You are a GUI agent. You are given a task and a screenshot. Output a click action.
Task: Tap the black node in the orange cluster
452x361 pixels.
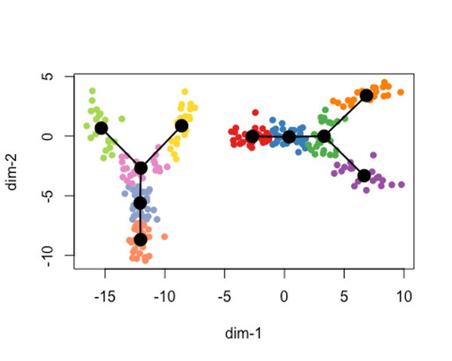click(x=366, y=96)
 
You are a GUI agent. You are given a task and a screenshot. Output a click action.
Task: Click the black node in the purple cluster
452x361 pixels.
click(x=364, y=175)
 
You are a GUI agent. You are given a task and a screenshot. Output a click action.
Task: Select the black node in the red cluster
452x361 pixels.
click(x=252, y=137)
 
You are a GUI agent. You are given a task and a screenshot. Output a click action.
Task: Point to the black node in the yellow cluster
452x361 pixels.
click(x=182, y=125)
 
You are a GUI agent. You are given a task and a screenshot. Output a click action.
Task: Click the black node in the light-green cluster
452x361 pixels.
click(x=101, y=128)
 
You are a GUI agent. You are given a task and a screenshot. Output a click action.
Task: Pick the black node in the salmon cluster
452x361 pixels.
click(x=140, y=240)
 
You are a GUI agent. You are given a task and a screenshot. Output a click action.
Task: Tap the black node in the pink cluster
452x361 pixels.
click(x=141, y=168)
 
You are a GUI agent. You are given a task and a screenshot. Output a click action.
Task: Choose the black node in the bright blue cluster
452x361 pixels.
click(x=289, y=137)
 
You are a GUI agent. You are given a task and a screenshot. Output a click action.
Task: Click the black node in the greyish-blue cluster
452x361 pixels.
click(x=140, y=203)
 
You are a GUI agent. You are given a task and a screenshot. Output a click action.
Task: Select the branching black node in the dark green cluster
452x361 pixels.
click(x=324, y=136)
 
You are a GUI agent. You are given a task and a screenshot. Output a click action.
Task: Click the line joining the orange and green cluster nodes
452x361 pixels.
click(x=345, y=116)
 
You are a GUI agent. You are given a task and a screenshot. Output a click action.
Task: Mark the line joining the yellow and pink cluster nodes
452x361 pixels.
click(x=161, y=146)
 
